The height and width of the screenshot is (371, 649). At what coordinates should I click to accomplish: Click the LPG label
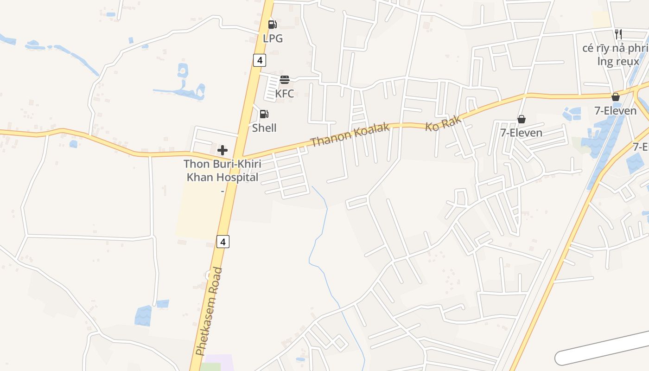[273, 38]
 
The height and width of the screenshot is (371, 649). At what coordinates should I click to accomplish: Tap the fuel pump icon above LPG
[273, 25]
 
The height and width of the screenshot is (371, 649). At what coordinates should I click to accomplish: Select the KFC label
[284, 94]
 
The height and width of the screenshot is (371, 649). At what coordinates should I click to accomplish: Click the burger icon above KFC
[285, 80]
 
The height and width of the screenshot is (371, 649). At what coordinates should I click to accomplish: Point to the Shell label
[264, 128]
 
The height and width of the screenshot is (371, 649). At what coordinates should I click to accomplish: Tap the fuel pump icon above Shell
[264, 114]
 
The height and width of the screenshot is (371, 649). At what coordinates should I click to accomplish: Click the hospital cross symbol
[223, 150]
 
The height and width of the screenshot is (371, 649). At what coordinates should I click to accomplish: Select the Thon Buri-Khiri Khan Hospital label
[222, 171]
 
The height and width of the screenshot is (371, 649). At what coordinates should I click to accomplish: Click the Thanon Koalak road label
[350, 134]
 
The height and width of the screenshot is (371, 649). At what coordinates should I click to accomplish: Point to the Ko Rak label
[444, 123]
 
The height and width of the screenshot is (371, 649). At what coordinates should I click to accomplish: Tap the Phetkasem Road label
[209, 311]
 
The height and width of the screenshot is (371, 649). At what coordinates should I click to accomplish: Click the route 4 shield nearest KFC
[259, 60]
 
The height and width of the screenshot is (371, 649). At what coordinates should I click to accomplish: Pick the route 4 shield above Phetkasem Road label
[223, 242]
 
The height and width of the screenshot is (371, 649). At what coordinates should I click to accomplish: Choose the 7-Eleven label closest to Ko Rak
[521, 133]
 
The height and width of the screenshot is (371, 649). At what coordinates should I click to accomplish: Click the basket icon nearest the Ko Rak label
[522, 119]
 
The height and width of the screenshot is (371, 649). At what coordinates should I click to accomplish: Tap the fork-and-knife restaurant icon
[618, 34]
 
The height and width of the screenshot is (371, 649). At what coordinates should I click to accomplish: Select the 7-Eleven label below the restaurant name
[615, 111]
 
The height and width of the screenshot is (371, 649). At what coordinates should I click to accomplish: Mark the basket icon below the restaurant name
[616, 97]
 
